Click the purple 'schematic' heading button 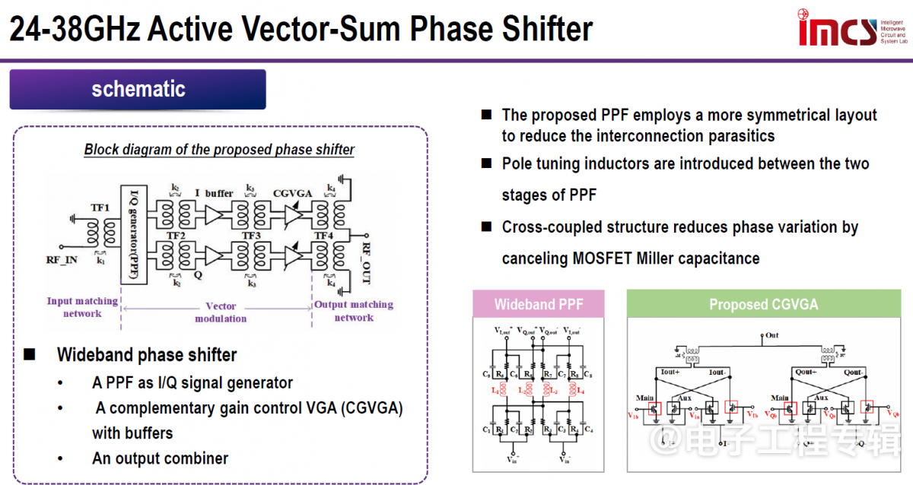(138, 89)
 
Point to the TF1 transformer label (100, 207)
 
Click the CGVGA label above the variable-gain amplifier (293, 194)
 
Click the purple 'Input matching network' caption (82, 307)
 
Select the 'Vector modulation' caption (221, 312)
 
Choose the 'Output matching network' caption (354, 311)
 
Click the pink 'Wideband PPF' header (539, 305)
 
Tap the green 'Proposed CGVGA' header (763, 305)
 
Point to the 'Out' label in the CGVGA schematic (771, 334)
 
